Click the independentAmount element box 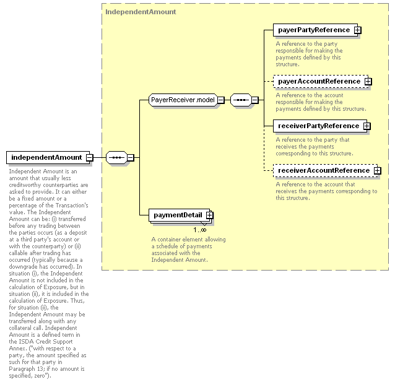[x=48, y=157]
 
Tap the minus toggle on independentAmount [x=89, y=158]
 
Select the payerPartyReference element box [x=315, y=30]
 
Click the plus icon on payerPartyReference [x=357, y=30]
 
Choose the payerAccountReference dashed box [x=321, y=81]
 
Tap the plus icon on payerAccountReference [x=368, y=82]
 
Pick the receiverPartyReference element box [x=320, y=126]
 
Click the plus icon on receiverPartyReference [x=367, y=126]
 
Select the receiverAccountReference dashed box [x=326, y=171]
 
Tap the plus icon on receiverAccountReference [x=377, y=171]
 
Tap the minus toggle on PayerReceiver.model [x=221, y=100]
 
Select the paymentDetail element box [x=179, y=215]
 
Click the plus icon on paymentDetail [x=210, y=215]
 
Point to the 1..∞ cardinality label [x=200, y=230]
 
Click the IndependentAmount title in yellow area [x=141, y=12]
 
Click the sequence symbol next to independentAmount [x=116, y=158]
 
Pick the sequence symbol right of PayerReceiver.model [x=241, y=100]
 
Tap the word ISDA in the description [x=27, y=342]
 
